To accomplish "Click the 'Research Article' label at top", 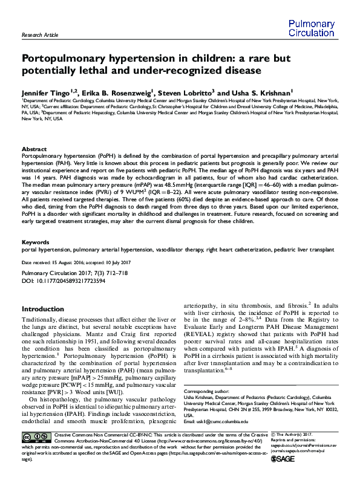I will click(x=40, y=36).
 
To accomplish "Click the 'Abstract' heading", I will click(x=34, y=149).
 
